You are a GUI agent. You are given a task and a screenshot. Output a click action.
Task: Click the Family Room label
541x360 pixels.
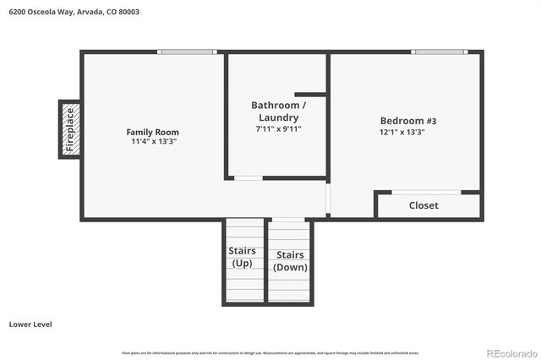pos(152,132)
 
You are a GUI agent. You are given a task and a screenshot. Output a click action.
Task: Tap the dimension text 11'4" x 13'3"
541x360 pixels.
pos(152,142)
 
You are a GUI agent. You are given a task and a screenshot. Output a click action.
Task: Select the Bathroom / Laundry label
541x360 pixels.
pos(278,111)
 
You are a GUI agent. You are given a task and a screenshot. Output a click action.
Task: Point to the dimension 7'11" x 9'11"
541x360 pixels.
pos(278,129)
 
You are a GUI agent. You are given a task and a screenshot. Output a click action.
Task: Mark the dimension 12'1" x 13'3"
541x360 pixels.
pos(402,132)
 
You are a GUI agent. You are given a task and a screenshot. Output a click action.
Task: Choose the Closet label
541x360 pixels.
pos(424,205)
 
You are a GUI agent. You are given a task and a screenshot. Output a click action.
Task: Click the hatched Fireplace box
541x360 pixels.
pos(69,128)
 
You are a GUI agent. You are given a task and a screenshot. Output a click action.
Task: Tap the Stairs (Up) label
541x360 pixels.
pos(243,257)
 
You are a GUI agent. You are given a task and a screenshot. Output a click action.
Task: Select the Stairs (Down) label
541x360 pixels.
pos(290,261)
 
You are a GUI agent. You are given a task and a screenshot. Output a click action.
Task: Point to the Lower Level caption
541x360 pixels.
pos(31,324)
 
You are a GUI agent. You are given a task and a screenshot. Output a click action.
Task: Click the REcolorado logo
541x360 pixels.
pos(509,352)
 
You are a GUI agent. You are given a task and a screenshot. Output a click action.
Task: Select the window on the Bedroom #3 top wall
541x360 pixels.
pos(440,52)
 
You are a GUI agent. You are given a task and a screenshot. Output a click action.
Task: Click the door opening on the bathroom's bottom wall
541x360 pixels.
pos(248,177)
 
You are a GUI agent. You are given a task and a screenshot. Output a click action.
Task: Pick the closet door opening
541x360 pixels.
pos(426,192)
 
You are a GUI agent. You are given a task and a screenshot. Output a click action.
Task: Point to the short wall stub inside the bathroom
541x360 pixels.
pos(310,93)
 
